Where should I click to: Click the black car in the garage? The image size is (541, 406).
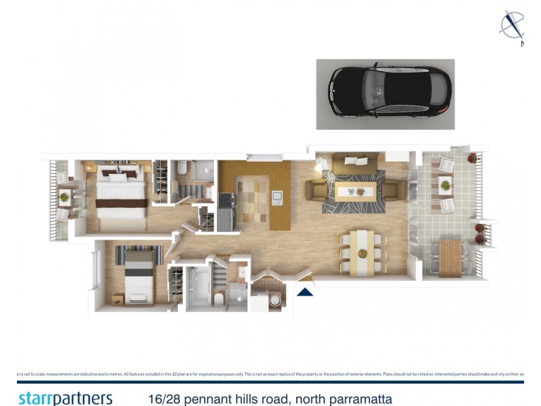click(x=385, y=93)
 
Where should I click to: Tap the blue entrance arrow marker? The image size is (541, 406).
click(x=305, y=292)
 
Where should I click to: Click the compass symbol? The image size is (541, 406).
click(x=512, y=26)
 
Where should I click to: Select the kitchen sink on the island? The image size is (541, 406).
click(x=277, y=197)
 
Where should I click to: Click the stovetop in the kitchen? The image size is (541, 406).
click(x=226, y=200)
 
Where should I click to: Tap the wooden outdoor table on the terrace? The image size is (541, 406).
click(x=449, y=257)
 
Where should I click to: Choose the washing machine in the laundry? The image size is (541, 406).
click(x=274, y=300)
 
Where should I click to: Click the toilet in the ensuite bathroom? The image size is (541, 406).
click(x=220, y=298)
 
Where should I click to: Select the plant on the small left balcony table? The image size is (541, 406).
click(x=64, y=197)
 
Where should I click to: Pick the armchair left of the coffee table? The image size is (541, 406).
click(x=314, y=190)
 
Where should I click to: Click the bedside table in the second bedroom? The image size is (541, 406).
click(x=118, y=298)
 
